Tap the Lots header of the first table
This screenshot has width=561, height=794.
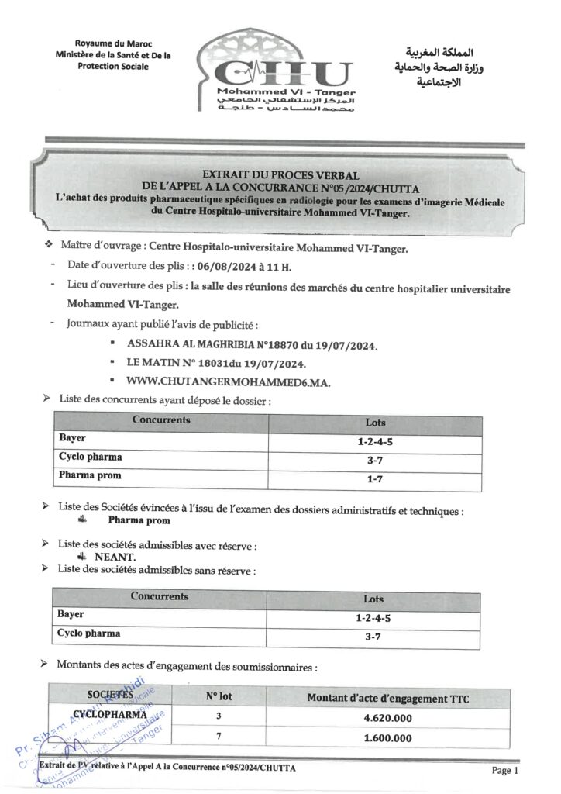(x=375, y=423)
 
